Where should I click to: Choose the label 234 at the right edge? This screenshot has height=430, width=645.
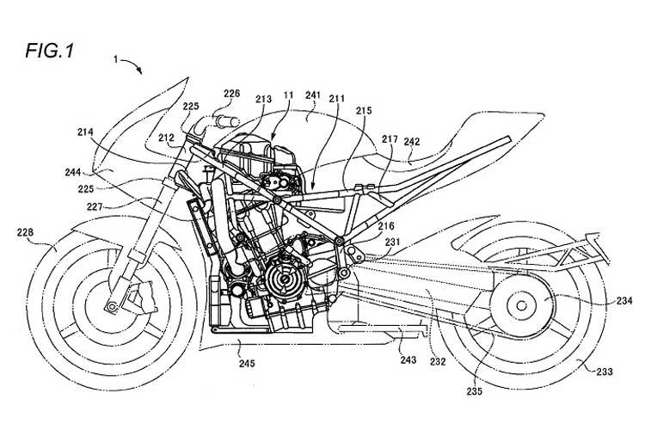click(624, 300)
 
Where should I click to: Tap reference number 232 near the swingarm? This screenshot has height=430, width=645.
click(438, 361)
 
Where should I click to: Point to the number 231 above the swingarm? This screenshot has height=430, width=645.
click(392, 243)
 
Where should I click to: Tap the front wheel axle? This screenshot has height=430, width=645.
click(110, 302)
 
